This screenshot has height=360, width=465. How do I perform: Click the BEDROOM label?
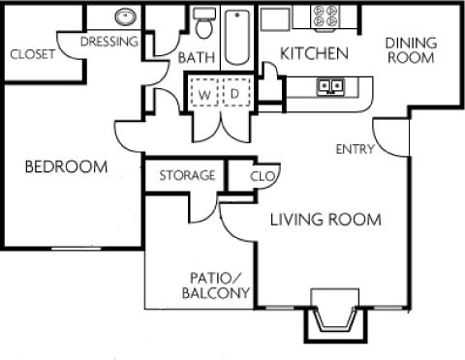(66, 166)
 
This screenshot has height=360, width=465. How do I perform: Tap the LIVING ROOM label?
(325, 220)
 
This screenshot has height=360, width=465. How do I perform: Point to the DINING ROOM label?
(411, 50)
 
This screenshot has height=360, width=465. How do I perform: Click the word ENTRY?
(355, 149)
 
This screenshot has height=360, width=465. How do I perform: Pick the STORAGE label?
(186, 175)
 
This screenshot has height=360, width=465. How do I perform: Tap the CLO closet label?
(262, 176)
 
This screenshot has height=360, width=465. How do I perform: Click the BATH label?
(196, 58)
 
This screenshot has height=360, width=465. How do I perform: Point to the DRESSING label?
(108, 43)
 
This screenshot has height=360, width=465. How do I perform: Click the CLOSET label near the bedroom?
(32, 54)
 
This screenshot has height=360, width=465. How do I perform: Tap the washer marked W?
(205, 95)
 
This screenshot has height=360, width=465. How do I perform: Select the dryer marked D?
(234, 95)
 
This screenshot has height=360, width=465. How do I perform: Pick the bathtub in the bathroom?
(236, 36)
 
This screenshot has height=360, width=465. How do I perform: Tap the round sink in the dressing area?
(125, 16)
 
